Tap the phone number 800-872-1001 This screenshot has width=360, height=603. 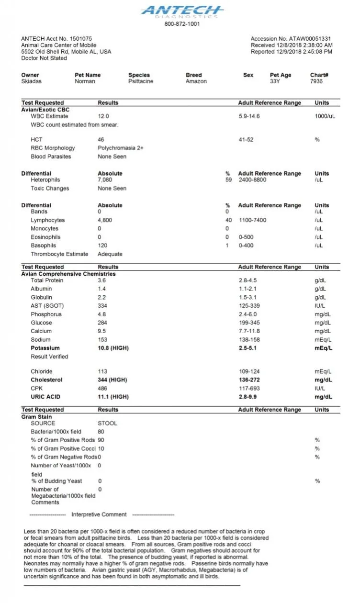182,24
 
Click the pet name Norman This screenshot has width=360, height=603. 85,81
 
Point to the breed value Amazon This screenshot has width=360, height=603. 196,81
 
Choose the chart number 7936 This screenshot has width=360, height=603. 316,81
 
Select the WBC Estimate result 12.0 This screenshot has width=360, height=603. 103,116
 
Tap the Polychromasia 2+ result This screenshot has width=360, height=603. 121,148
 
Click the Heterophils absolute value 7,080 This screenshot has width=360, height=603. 104,180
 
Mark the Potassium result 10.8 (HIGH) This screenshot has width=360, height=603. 113,348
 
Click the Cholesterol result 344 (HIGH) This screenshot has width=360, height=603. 112,380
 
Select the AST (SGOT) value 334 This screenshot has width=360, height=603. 102,306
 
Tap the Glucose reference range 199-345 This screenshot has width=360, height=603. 249,323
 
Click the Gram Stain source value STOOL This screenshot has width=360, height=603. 107,423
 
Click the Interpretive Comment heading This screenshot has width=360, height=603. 99,514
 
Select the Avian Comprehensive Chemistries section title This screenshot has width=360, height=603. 68,274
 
